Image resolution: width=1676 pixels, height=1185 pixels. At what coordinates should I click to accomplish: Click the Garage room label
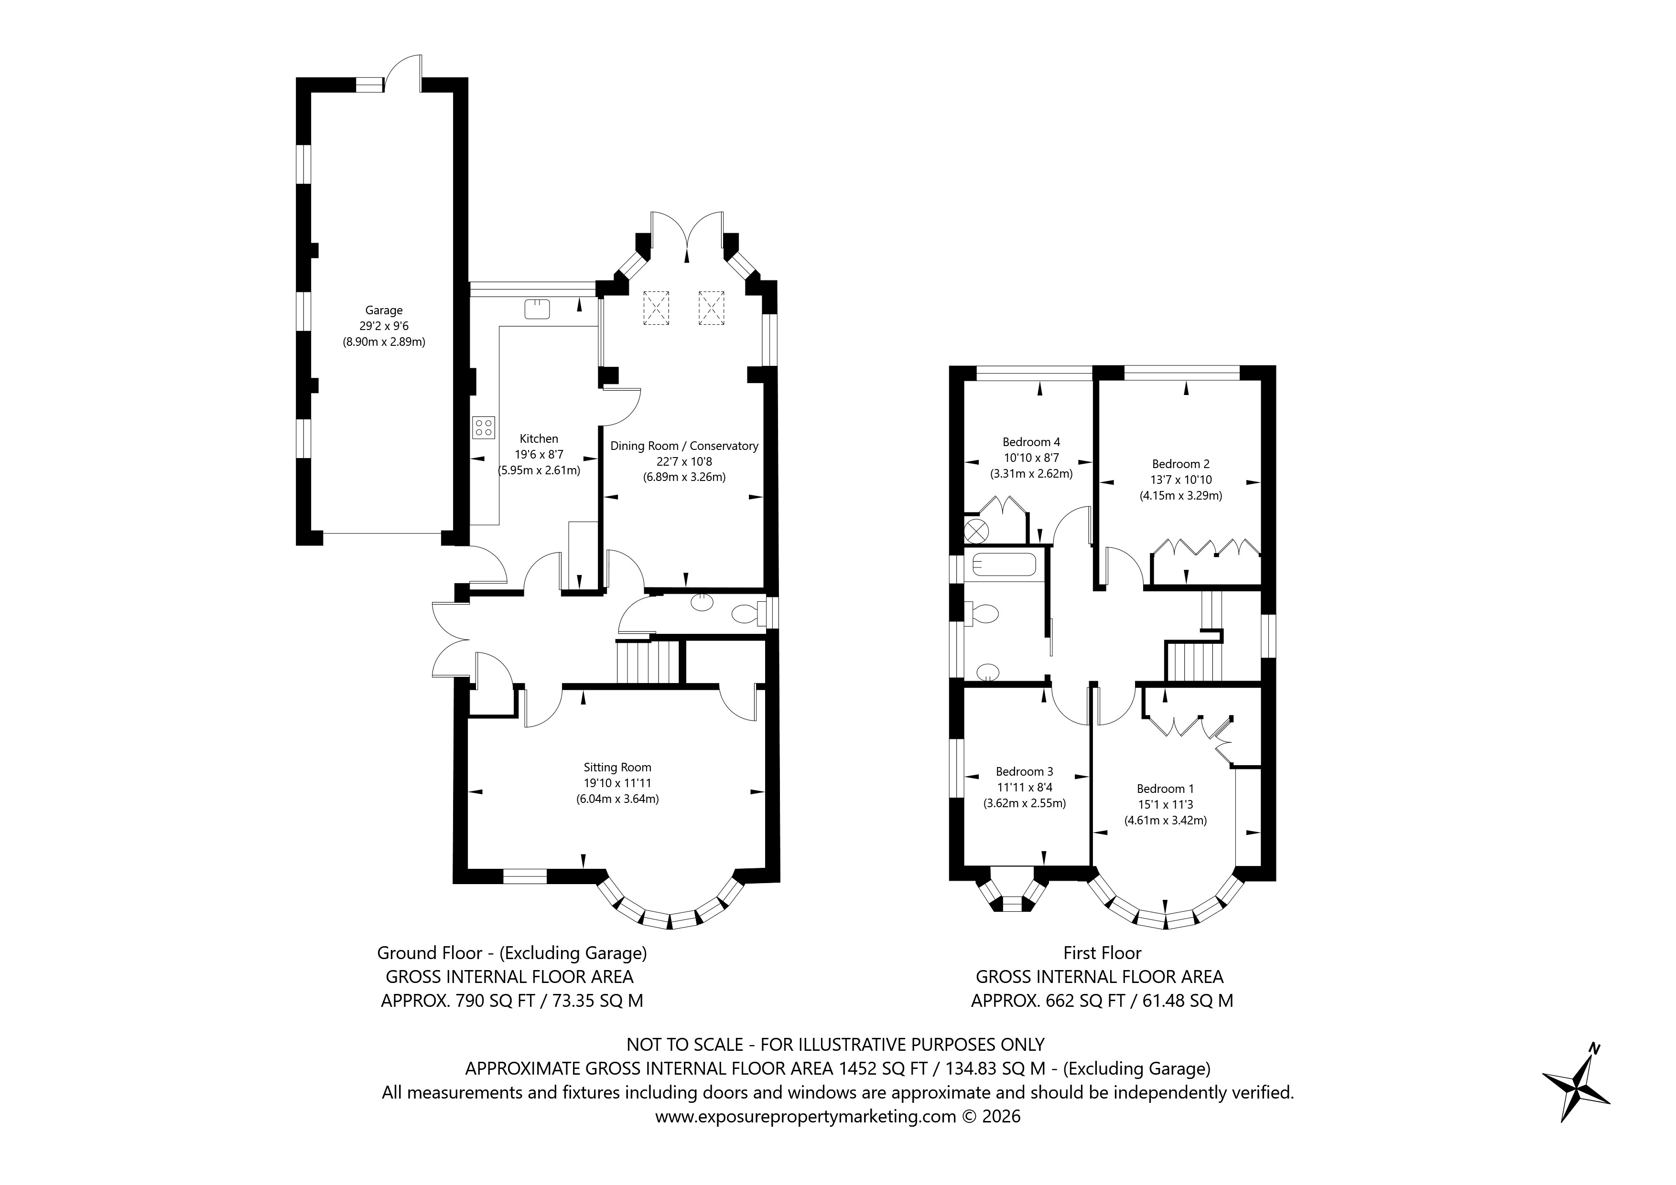pyautogui.click(x=384, y=310)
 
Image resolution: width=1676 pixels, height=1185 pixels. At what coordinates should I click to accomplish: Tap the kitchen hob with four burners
pyautogui.click(x=483, y=427)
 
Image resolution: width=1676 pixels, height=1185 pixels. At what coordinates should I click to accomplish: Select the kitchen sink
pyautogui.click(x=537, y=309)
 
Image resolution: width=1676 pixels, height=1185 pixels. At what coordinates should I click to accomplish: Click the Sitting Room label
pyautogui.click(x=617, y=767)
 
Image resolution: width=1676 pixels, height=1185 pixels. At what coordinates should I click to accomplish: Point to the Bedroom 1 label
pyautogui.click(x=1165, y=788)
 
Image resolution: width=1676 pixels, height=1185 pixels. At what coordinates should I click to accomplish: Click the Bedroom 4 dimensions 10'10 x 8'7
pyautogui.click(x=1031, y=458)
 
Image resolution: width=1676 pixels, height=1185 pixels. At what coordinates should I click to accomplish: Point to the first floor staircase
pyautogui.click(x=1193, y=661)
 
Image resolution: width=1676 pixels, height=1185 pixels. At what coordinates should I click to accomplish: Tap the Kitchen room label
pyautogui.click(x=539, y=438)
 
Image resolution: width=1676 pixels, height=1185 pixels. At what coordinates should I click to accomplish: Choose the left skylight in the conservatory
pyautogui.click(x=656, y=307)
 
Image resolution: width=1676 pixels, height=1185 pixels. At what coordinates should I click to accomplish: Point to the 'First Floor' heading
pyautogui.click(x=1102, y=952)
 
